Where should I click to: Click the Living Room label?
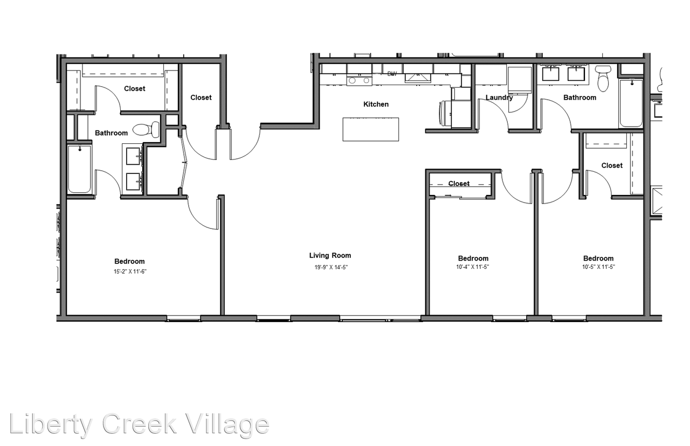tap(330, 256)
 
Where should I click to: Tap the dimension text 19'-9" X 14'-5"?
tap(330, 267)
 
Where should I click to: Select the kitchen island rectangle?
tap(371, 129)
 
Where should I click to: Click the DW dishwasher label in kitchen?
tap(392, 74)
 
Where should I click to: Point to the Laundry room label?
tap(499, 97)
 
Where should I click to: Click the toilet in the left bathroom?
tap(147, 129)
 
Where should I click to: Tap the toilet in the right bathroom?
tap(603, 79)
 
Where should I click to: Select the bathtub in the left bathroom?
tap(79, 169)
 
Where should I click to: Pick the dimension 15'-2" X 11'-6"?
tap(130, 272)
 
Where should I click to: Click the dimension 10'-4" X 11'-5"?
tap(473, 267)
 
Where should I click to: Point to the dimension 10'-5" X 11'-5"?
tap(598, 267)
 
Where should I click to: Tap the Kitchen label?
tap(376, 104)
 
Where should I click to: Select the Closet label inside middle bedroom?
tap(459, 184)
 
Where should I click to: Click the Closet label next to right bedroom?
tap(612, 165)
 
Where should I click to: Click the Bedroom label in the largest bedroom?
tap(129, 262)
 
